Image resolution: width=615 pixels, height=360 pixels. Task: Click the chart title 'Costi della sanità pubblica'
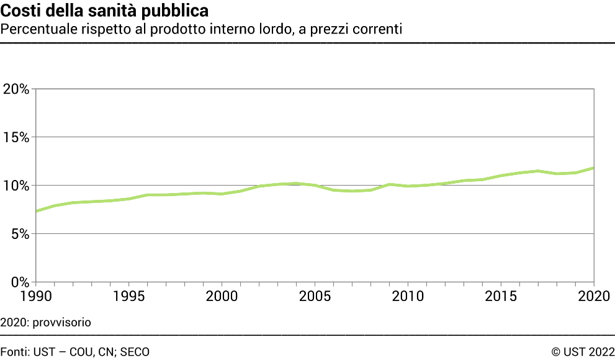[x=104, y=11]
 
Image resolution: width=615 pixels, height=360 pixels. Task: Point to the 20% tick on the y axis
[x=16, y=89]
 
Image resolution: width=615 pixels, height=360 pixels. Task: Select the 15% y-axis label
[x=16, y=137]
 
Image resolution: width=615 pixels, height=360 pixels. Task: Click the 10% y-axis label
[x=16, y=186]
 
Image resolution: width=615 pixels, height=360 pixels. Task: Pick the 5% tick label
[x=20, y=234]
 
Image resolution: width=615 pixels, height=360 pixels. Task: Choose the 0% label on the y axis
[x=20, y=282]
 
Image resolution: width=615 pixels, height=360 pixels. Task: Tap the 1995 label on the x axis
[x=129, y=296]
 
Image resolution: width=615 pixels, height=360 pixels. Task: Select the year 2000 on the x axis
[x=222, y=296]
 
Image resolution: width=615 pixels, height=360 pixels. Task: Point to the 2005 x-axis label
[x=315, y=296]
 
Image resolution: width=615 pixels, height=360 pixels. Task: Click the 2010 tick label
[x=408, y=296]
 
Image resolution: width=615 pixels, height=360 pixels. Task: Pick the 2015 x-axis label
[x=501, y=296]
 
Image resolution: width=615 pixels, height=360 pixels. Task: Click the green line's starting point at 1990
[x=37, y=211]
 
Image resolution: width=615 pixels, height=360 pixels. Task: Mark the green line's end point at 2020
[x=594, y=168]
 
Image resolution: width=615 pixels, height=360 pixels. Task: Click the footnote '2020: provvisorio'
[x=45, y=323]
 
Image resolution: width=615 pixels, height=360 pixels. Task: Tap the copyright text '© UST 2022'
[x=583, y=352]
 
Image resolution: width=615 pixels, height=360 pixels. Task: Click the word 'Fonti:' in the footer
[x=15, y=352]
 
